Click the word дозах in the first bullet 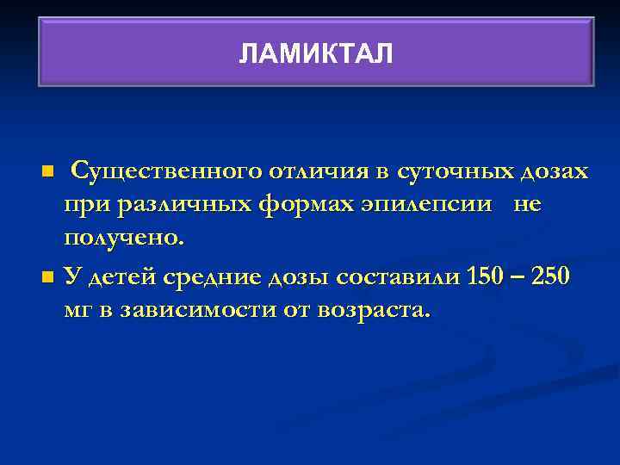click(x=555, y=171)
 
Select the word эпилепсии click(x=417, y=205)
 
